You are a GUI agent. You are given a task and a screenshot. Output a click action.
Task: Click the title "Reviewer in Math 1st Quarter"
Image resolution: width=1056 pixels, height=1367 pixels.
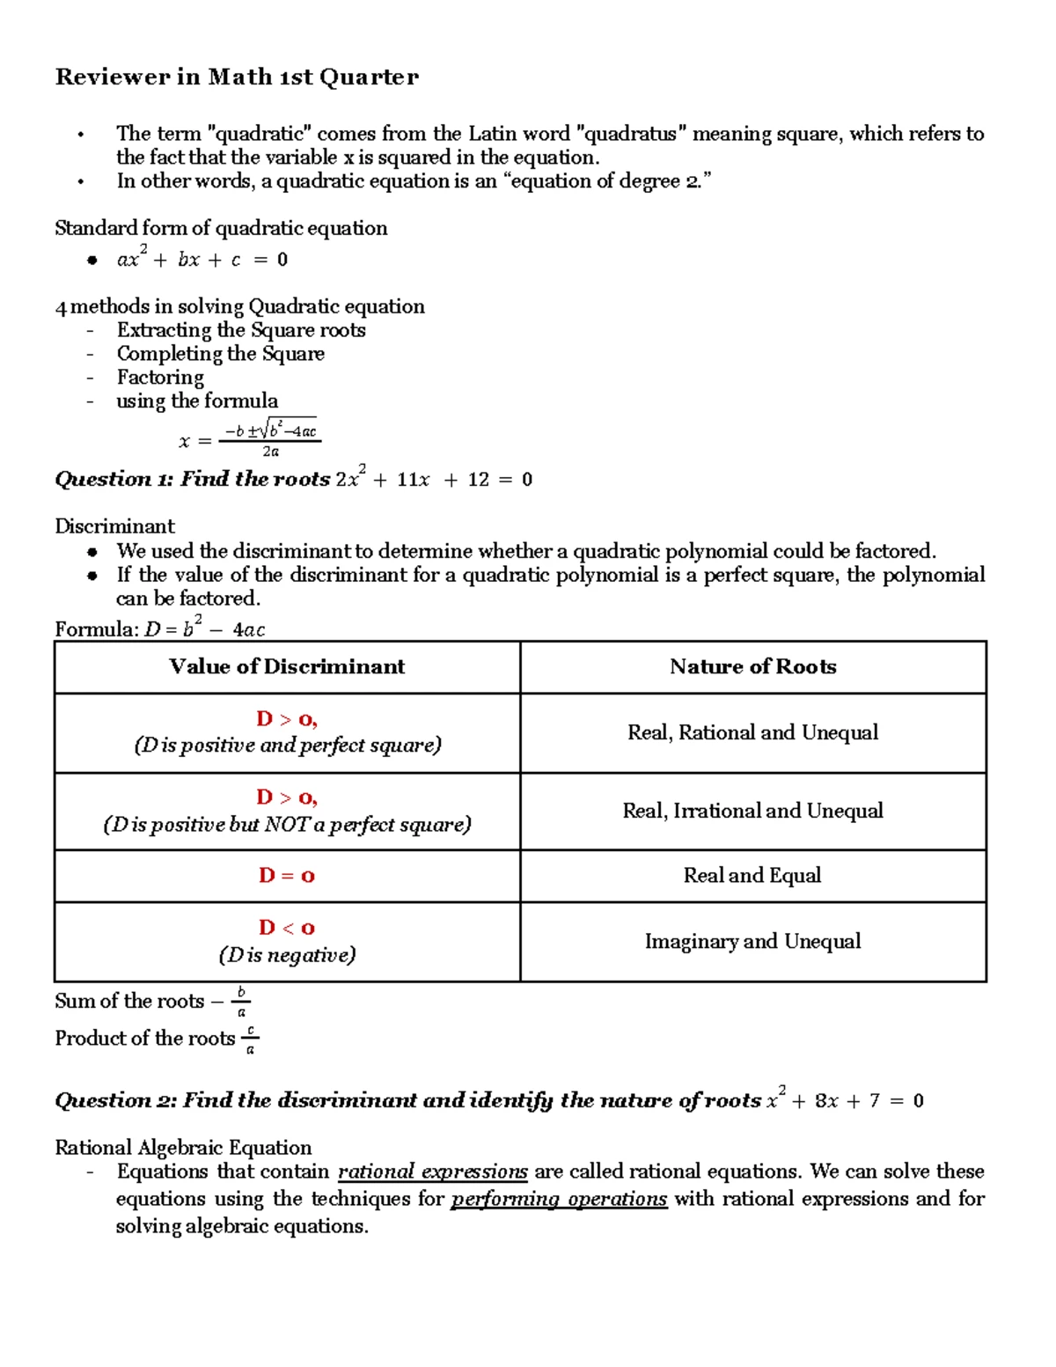point(237,77)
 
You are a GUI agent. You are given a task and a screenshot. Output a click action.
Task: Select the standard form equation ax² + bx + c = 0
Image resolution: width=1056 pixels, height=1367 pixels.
point(202,260)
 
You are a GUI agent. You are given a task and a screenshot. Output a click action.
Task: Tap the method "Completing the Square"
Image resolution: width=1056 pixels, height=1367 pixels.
point(220,354)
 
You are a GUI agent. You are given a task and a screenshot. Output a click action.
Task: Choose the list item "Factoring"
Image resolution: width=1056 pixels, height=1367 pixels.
point(160,378)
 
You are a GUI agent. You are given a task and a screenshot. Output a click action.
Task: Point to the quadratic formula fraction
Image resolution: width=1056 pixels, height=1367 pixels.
point(270,438)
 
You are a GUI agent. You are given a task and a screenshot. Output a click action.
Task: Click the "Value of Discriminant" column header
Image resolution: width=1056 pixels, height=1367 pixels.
point(287,667)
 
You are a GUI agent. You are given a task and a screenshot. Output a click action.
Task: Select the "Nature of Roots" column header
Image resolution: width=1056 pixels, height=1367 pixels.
point(752,667)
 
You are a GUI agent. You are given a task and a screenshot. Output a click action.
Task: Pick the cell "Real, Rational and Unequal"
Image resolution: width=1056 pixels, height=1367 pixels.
point(752,733)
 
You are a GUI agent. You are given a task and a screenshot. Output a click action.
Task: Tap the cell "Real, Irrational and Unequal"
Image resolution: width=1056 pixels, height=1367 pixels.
point(752,811)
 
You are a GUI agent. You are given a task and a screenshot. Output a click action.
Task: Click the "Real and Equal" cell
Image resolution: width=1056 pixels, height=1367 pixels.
point(752,876)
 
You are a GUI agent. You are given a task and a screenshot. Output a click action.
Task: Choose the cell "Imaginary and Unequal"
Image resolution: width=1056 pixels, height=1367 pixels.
point(752,942)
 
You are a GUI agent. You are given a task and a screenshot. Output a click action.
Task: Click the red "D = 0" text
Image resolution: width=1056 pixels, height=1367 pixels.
point(287,876)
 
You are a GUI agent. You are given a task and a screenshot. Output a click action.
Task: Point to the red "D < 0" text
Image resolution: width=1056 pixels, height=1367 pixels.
point(287,928)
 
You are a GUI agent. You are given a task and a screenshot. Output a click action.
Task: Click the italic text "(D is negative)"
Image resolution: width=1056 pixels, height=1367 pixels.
point(287,955)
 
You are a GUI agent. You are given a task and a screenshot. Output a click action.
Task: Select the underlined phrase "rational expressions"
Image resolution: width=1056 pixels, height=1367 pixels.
point(432,1172)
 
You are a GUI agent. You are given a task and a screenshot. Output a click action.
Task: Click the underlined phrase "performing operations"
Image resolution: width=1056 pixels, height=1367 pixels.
point(559,1200)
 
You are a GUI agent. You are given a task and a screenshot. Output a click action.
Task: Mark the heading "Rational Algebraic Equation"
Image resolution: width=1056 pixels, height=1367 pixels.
point(183,1148)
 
